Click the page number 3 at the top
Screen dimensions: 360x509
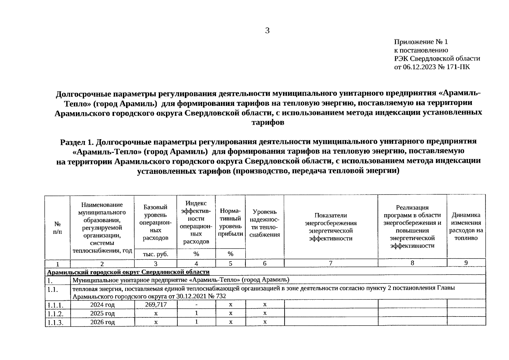click(x=267, y=31)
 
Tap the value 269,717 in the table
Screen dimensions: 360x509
click(x=155, y=304)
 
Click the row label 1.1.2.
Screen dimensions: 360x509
click(x=55, y=314)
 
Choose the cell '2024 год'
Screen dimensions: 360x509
click(x=102, y=305)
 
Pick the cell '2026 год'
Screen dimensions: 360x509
click(x=102, y=322)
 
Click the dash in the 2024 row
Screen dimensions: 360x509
click(x=196, y=304)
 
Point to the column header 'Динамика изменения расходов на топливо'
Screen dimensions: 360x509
click(x=466, y=226)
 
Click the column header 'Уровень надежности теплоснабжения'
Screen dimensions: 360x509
click(x=264, y=223)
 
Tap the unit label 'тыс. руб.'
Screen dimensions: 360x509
click(x=155, y=254)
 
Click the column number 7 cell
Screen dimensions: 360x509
click(x=330, y=263)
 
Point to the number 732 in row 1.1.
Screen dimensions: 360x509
click(x=221, y=296)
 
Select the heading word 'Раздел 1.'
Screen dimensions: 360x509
click(x=77, y=142)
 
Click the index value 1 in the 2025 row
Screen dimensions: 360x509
click(x=196, y=313)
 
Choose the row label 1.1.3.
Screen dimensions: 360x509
click(x=55, y=323)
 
